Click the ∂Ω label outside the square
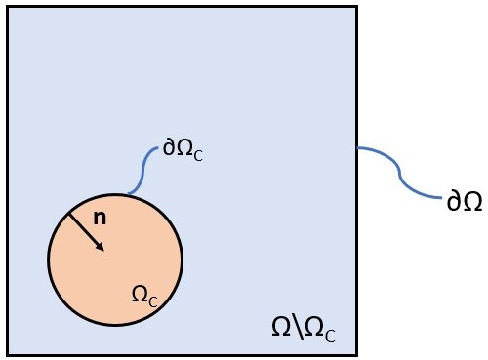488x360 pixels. [464, 202]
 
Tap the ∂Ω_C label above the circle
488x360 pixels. [183, 151]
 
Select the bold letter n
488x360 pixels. [100, 218]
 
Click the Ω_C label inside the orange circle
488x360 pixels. [144, 294]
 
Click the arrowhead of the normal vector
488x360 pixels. [100, 247]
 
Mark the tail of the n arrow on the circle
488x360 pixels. [68, 214]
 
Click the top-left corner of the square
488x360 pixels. [8, 8]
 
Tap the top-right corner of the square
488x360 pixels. [355, 8]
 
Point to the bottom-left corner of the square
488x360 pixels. [8, 353]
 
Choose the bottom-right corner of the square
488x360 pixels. [355, 353]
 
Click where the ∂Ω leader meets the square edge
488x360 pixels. [356, 147]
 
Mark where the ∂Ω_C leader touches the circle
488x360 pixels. [125, 195]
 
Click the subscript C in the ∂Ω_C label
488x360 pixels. [198, 155]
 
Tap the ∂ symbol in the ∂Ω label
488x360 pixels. [453, 202]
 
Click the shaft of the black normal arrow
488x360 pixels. [84, 230]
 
